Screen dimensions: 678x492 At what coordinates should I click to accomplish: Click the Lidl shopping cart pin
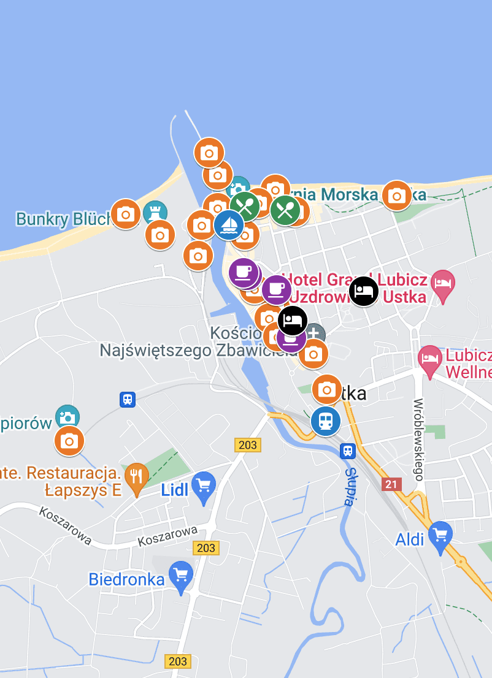pyautogui.click(x=204, y=486)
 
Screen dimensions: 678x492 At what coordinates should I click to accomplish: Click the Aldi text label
pyautogui.click(x=410, y=539)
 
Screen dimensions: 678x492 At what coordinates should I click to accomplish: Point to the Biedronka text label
pyautogui.click(x=127, y=579)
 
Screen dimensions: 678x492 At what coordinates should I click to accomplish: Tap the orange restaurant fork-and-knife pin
pyautogui.click(x=136, y=476)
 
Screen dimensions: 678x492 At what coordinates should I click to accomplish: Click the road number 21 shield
pyautogui.click(x=391, y=485)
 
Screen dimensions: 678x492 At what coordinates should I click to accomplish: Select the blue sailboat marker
pyautogui.click(x=229, y=224)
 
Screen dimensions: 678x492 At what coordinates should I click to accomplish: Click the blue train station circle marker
pyautogui.click(x=325, y=421)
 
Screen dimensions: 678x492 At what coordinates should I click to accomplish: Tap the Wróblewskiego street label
pyautogui.click(x=419, y=439)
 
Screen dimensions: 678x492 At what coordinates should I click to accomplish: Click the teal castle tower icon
pyautogui.click(x=155, y=213)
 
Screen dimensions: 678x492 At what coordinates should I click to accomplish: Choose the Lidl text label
pyautogui.click(x=174, y=490)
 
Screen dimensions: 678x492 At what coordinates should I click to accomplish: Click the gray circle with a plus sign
pyautogui.click(x=315, y=334)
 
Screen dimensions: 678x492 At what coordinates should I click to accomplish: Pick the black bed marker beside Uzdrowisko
pyautogui.click(x=364, y=291)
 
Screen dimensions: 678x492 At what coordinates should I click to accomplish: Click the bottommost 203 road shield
pyautogui.click(x=177, y=661)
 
